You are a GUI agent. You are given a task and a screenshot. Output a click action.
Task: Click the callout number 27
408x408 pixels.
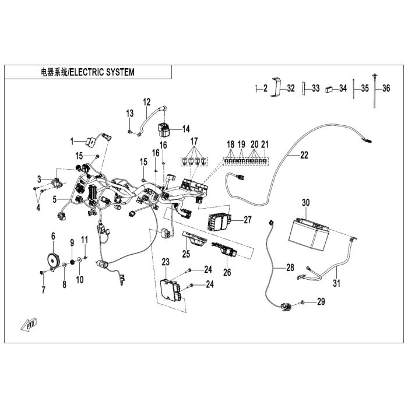click(x=247, y=219)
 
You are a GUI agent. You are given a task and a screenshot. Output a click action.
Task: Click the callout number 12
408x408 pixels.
click(x=146, y=101)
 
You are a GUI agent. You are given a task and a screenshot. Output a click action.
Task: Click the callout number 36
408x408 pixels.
click(x=386, y=89)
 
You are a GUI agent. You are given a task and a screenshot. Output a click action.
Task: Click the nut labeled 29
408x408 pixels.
click(x=305, y=302)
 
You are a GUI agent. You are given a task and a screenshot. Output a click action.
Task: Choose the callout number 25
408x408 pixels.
click(x=187, y=254)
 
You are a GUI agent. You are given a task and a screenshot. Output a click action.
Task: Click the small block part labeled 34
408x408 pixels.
click(x=330, y=89)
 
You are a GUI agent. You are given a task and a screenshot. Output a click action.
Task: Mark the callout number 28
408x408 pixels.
click(x=290, y=268)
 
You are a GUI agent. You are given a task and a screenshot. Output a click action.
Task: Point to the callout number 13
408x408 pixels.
click(x=130, y=112)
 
